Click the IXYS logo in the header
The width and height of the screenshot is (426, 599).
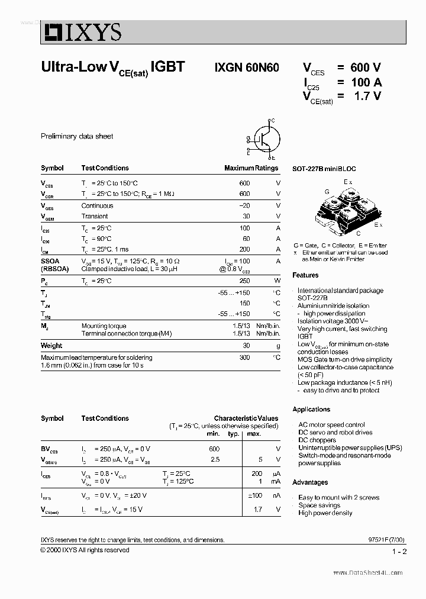tap(81, 32)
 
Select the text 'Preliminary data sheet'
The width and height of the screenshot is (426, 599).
tap(77, 136)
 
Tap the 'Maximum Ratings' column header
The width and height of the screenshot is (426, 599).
tap(251, 168)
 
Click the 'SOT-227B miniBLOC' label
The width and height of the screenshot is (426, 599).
tap(324, 169)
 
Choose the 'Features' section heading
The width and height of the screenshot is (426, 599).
tap(305, 275)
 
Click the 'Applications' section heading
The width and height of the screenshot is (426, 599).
tap(311, 410)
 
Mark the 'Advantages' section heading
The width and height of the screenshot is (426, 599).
tap(310, 482)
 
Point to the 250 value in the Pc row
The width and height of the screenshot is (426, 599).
tap(244, 281)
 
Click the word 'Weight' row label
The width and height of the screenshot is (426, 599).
tap(51, 346)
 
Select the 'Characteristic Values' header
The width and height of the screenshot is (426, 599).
tap(246, 418)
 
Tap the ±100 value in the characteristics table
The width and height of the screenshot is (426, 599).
tap(255, 495)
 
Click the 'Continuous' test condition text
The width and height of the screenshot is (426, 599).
tap(97, 206)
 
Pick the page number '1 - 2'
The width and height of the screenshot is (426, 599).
tap(399, 552)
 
